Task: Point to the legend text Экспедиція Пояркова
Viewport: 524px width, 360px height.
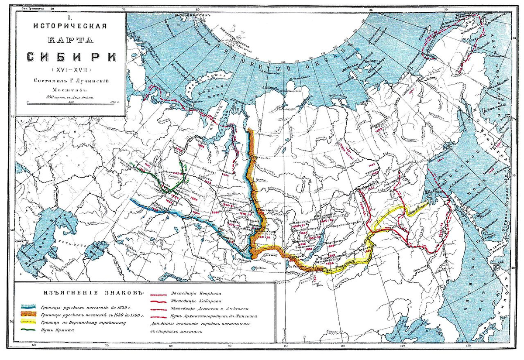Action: pyautogui.click(x=201, y=292)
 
